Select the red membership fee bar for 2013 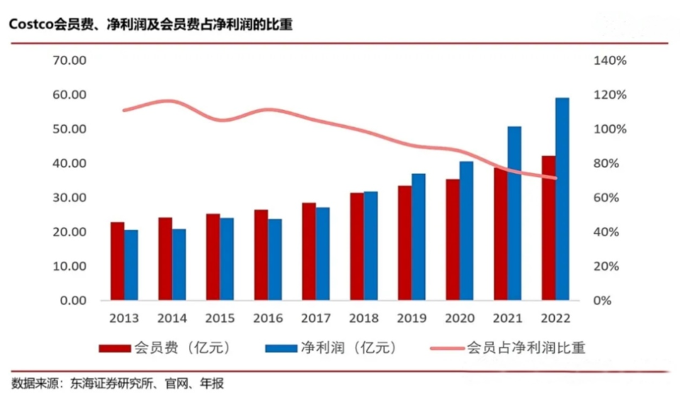[x=117, y=261]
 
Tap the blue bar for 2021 [x=514, y=213]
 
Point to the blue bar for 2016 [x=275, y=259]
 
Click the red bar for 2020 [x=453, y=240]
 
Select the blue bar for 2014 [x=179, y=264]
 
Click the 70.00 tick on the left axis [x=69, y=61]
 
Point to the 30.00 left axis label [x=69, y=198]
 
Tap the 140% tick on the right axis [x=609, y=61]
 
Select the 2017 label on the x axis [x=316, y=318]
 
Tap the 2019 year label [x=412, y=318]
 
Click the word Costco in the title [x=30, y=25]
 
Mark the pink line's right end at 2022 [x=556, y=178]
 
